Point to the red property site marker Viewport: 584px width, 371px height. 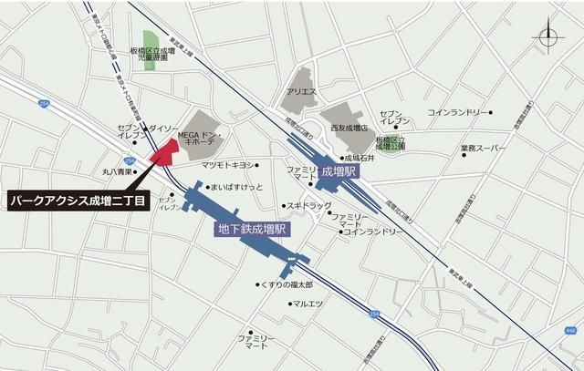click(165, 152)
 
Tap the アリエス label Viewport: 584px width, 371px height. click(301, 92)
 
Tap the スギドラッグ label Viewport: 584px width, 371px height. click(309, 205)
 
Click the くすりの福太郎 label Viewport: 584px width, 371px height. click(287, 285)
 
